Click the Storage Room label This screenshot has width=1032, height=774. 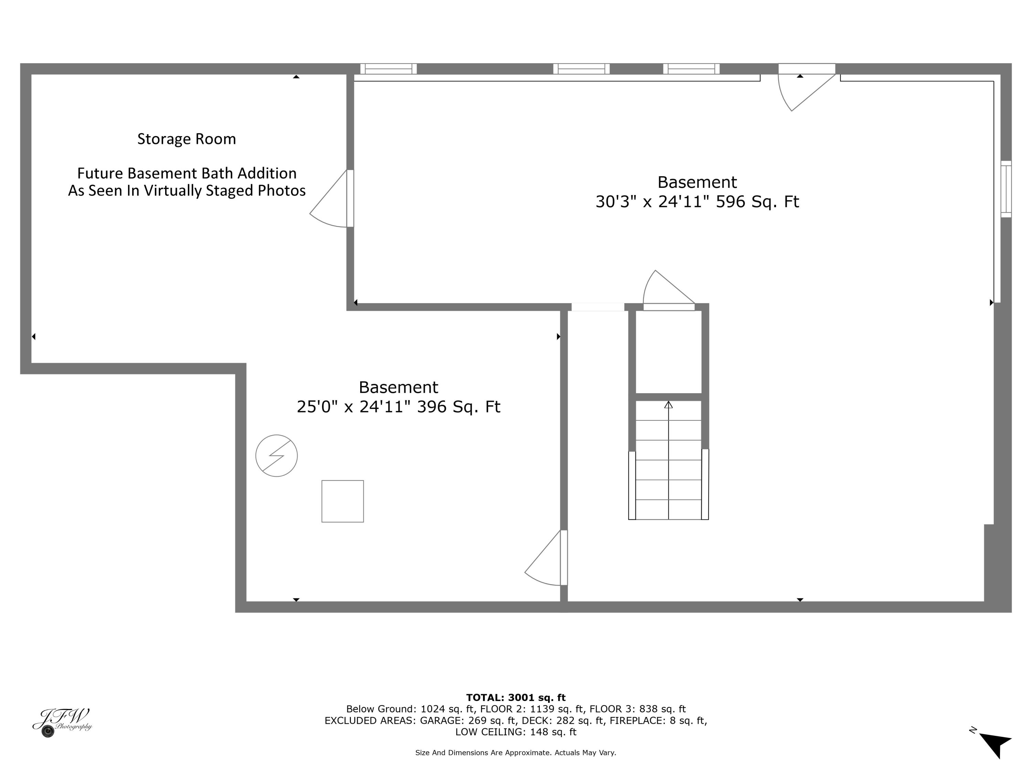coord(186,139)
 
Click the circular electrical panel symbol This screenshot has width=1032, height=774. coord(276,456)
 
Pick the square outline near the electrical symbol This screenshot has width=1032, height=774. coord(342,501)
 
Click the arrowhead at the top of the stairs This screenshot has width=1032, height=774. coord(668,405)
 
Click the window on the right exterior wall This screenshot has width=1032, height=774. coord(1006,189)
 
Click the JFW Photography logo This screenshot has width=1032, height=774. coord(62,722)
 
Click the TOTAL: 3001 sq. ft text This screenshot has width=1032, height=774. coord(516,698)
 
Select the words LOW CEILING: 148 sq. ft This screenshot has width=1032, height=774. coord(516,732)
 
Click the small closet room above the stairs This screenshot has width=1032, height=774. coord(668,352)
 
